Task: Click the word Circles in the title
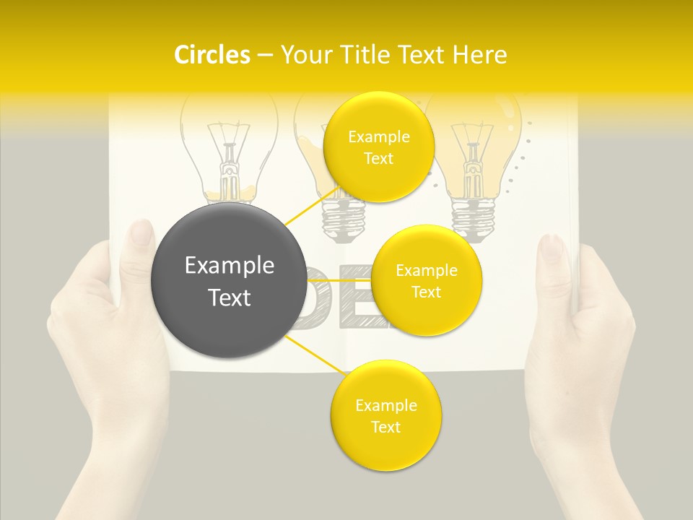click(212, 55)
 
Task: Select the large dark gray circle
click(228, 280)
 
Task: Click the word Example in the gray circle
click(230, 266)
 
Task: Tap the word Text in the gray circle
click(230, 298)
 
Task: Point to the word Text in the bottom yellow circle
click(385, 427)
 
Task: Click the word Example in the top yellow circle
click(378, 137)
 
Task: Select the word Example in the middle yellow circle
click(426, 271)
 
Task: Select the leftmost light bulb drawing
click(227, 152)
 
